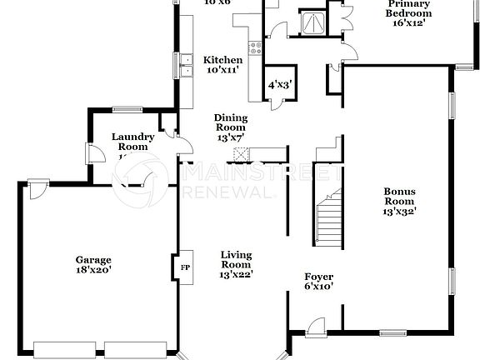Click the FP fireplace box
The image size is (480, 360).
(184, 267)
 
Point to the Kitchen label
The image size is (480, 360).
(223, 61)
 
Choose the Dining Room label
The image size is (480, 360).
(230, 122)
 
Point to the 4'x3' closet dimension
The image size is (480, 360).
(278, 85)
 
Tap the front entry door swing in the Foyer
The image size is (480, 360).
(314, 327)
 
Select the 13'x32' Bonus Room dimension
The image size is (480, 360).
(399, 212)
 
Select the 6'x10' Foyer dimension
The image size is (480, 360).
(318, 286)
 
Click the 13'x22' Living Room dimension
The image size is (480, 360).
(236, 274)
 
